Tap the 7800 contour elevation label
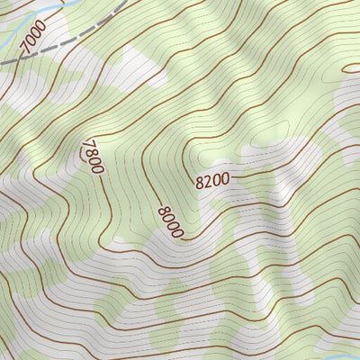click(x=91, y=156)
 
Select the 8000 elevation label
click(x=169, y=221)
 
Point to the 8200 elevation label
click(x=211, y=180)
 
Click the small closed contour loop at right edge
click(x=353, y=67)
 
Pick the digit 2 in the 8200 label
click(x=207, y=181)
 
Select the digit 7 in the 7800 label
click(x=86, y=144)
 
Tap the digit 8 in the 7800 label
click(x=89, y=151)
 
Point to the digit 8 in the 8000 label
click(x=162, y=211)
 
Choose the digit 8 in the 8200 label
click(x=199, y=183)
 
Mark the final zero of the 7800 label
click(x=96, y=167)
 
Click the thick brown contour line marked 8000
click(x=148, y=184)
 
